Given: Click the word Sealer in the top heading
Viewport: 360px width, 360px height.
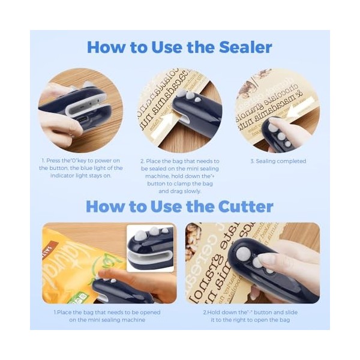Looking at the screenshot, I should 240,47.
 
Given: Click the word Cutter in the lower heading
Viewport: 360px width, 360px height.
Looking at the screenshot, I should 241,207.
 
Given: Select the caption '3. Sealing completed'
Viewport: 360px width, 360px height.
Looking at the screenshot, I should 278,161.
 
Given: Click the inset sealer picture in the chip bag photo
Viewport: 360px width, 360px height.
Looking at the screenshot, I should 150,247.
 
